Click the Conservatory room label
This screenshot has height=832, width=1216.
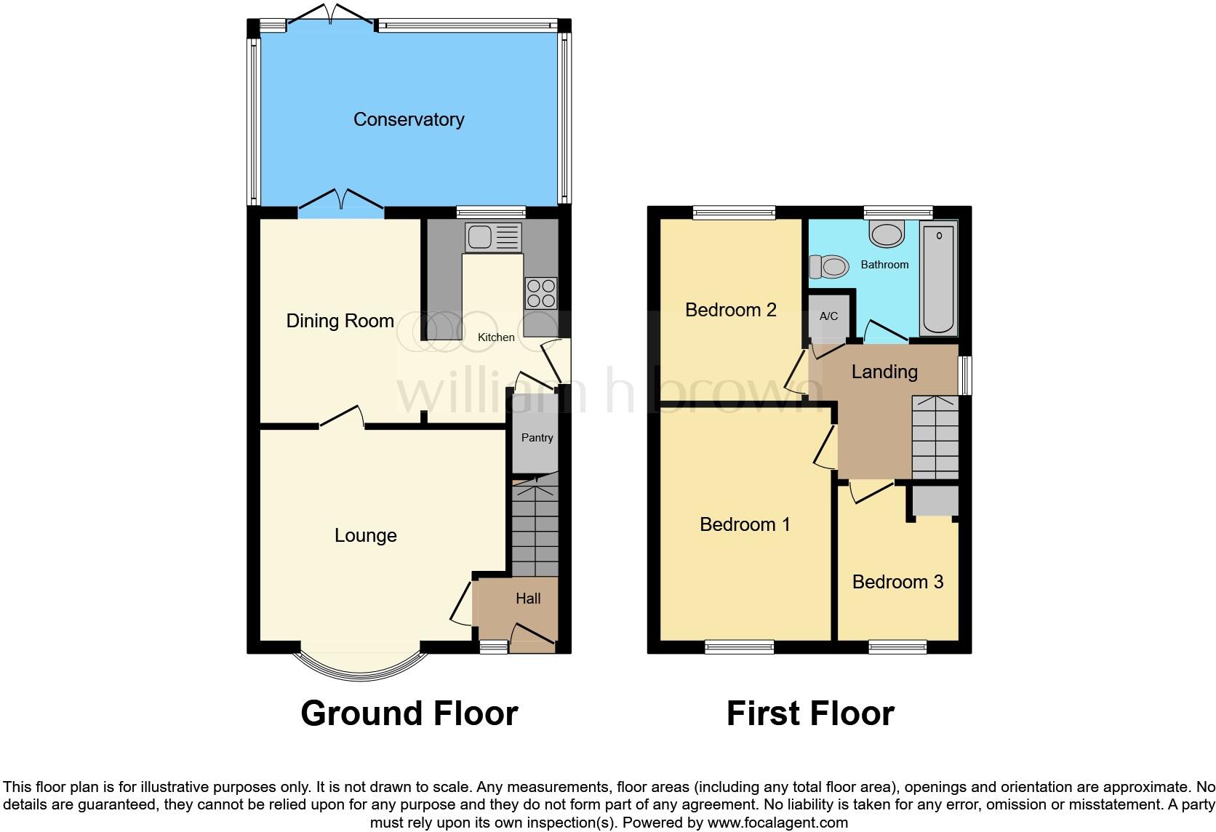409,119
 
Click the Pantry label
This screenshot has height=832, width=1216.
537,438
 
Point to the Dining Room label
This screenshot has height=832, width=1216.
340,321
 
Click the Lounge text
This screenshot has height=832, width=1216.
365,536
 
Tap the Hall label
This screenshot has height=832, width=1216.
528,599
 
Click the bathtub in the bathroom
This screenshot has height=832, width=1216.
938,280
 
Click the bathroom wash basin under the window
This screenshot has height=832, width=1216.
887,234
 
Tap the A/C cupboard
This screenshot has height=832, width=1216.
828,316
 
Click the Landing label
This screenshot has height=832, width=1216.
884,372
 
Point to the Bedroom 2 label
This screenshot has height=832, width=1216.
730,310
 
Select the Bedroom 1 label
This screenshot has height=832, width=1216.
745,524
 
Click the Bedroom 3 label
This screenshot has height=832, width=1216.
897,582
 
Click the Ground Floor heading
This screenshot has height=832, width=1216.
409,713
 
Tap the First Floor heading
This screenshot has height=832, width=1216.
810,713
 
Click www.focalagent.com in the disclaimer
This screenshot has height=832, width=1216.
777,823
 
